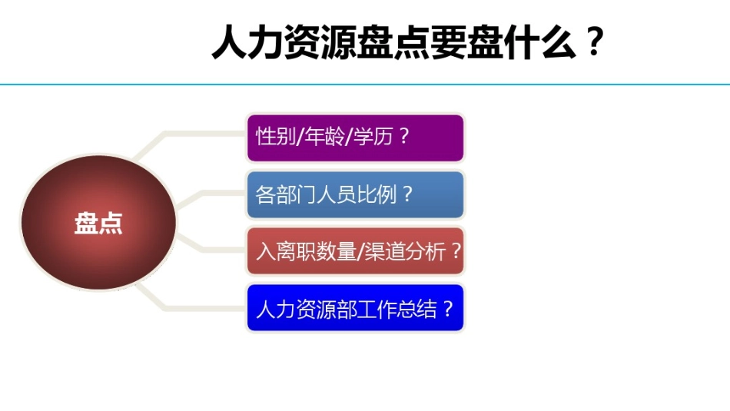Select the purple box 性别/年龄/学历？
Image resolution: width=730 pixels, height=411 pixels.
tap(355, 138)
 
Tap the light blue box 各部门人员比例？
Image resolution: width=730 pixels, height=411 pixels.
tap(355, 194)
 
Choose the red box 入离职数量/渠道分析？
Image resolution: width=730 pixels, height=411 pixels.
tap(355, 250)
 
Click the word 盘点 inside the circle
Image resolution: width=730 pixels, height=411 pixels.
tap(98, 223)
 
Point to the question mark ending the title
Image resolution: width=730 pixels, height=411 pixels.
tap(592, 43)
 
